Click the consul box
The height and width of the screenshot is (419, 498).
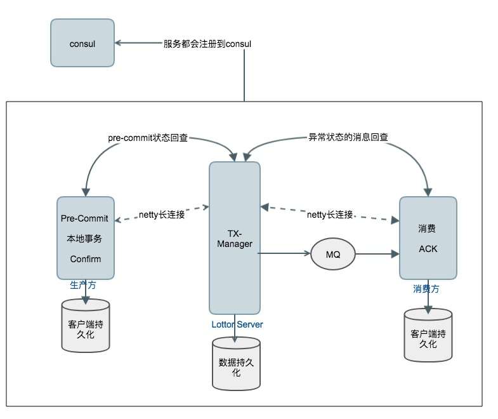coord(82,43)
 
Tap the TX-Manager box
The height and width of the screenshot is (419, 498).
coord(235,238)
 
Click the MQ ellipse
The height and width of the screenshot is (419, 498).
coord(332,254)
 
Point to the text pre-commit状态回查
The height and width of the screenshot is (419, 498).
coord(148,136)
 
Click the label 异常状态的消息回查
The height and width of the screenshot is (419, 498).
coord(347,136)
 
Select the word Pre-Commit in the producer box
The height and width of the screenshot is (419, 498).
coord(84,218)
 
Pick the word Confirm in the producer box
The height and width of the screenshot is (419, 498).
coord(85,259)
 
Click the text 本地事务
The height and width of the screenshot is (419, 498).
coord(85,239)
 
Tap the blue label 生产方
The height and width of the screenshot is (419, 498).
coord(83,285)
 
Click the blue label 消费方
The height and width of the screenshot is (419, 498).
coord(426,288)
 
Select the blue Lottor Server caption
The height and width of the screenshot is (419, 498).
coord(237,324)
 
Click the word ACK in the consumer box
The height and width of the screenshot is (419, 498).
coord(428,248)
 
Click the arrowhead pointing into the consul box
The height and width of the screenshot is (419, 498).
coord(119,43)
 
